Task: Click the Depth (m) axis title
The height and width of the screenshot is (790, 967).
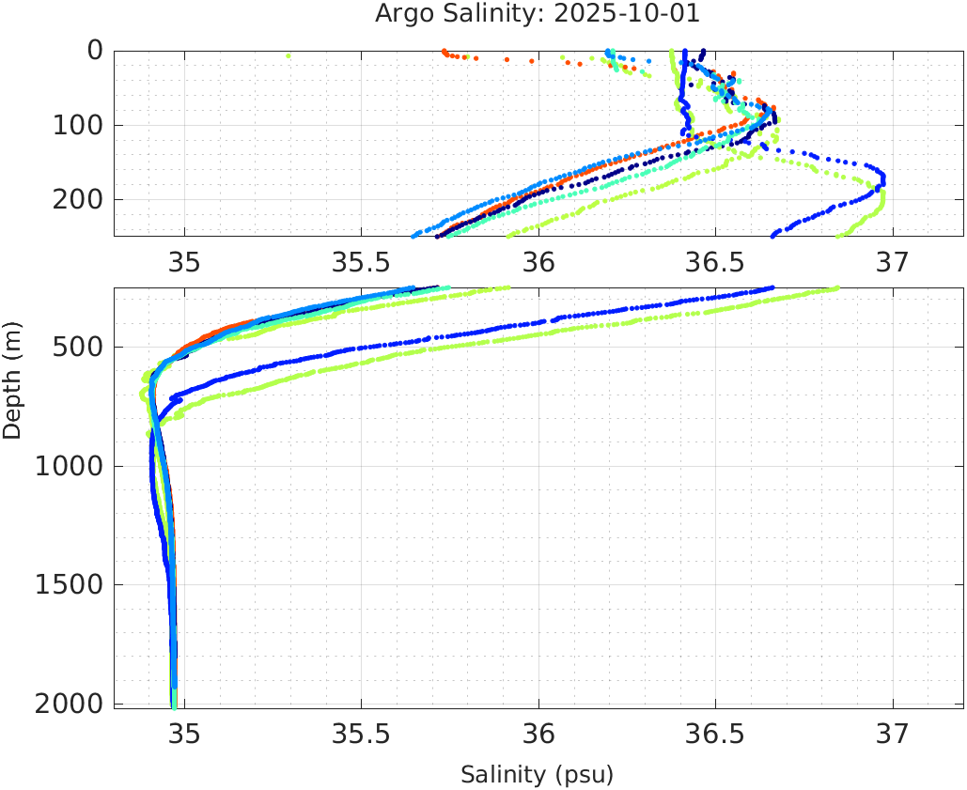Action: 12,379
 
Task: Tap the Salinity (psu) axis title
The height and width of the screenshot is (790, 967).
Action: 537,775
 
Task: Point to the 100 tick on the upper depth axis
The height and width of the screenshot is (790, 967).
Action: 74,125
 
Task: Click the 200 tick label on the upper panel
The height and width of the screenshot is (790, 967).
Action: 74,199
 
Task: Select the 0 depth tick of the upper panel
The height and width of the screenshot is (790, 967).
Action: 94,51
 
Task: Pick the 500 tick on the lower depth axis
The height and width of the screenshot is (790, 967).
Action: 74,348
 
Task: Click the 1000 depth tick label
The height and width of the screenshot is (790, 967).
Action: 66,466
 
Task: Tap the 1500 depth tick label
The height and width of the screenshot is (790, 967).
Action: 66,584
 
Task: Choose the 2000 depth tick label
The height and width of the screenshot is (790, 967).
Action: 66,704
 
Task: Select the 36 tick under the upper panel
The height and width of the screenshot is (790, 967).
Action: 538,262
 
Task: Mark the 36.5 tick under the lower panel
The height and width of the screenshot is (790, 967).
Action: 715,733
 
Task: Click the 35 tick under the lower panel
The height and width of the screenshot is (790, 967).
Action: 184,733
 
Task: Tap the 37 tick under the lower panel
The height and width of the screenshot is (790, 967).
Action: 892,733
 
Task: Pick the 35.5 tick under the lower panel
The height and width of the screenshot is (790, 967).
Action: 361,733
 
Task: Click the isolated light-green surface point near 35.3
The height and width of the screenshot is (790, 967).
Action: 289,55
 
